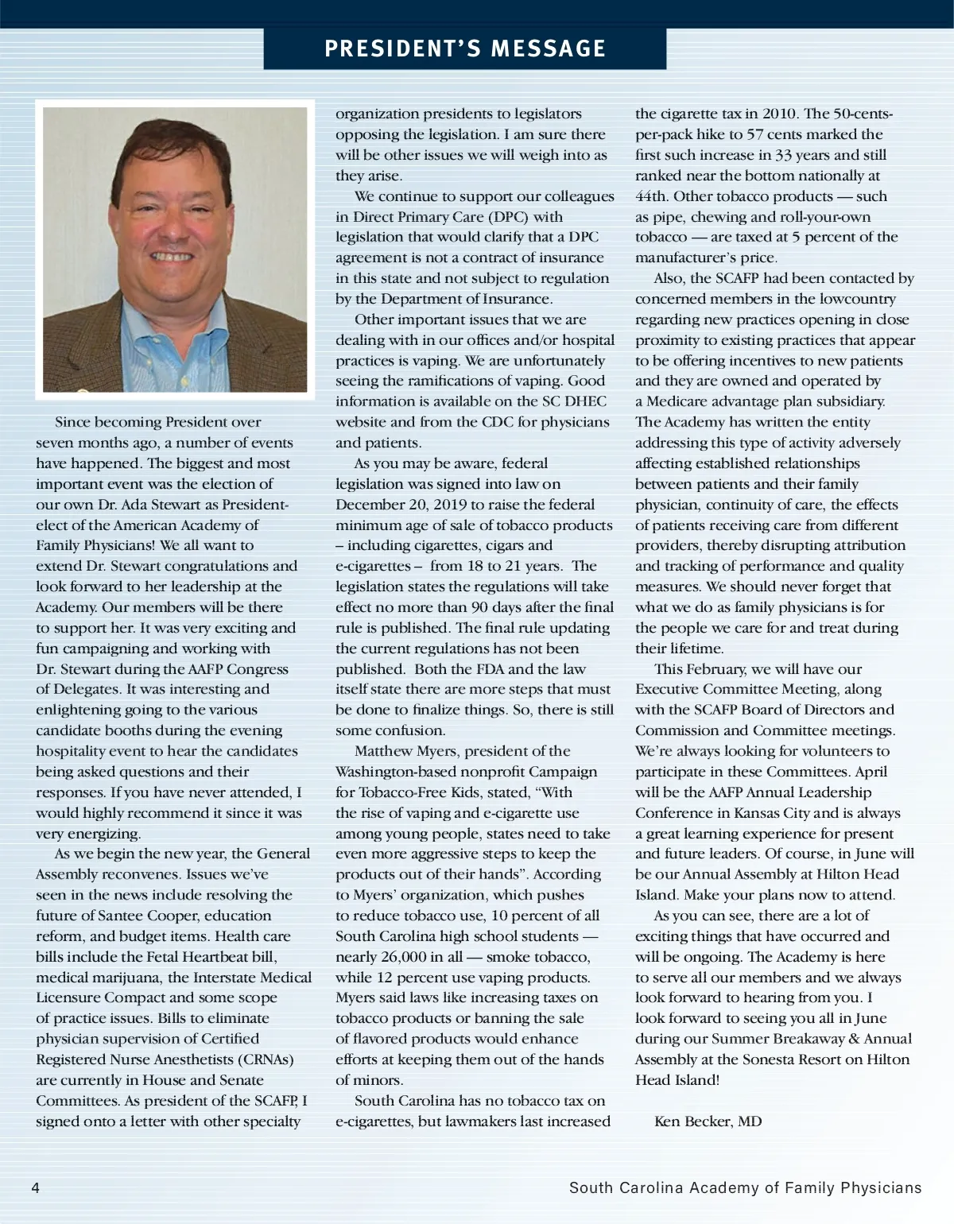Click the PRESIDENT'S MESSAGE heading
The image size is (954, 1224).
point(465,48)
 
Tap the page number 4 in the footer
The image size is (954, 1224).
point(35,1187)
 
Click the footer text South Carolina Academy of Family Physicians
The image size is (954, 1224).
point(745,1187)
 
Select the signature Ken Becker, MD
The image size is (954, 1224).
point(708,1121)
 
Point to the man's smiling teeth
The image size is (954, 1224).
point(172,257)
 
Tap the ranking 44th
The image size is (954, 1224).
point(651,196)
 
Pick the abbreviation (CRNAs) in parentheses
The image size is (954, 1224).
point(265,1059)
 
